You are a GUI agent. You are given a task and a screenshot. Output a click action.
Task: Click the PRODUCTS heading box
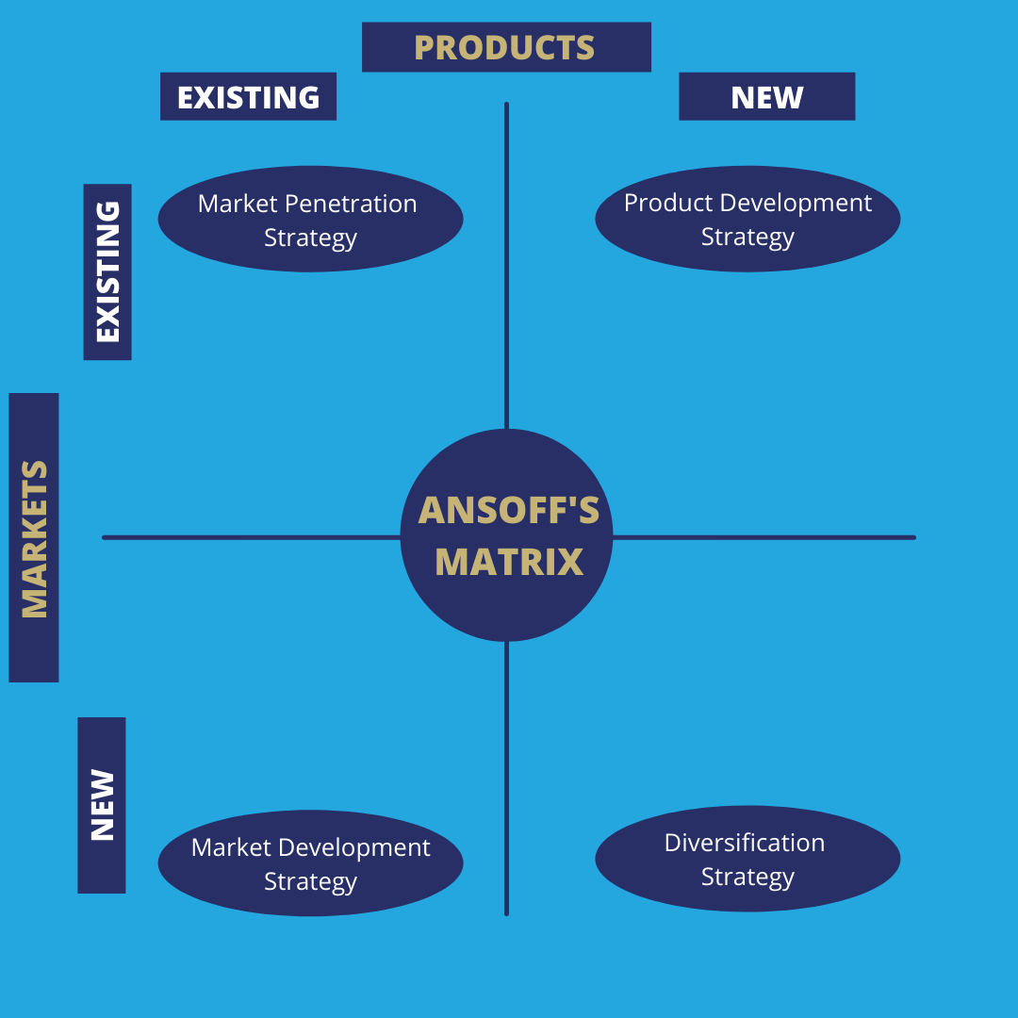pos(506,47)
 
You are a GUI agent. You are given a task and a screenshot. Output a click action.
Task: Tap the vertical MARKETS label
pos(34,537)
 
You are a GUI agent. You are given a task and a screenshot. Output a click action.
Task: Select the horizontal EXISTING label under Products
pos(248,97)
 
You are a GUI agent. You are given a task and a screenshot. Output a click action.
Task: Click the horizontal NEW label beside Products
pos(766,97)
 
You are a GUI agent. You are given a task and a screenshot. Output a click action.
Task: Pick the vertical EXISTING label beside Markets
pos(107,271)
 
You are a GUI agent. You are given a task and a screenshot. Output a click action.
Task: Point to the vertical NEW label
pos(102,805)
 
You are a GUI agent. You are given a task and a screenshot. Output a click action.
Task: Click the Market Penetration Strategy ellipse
pos(310,219)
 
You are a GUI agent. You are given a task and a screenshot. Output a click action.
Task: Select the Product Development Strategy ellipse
pos(747,219)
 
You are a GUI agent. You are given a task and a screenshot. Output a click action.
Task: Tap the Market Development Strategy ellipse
pos(310,863)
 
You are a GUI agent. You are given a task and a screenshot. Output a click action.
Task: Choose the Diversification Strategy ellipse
pos(747,859)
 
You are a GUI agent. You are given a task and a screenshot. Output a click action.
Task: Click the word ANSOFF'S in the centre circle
pos(508,511)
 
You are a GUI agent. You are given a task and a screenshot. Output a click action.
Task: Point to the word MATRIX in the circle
pos(509,563)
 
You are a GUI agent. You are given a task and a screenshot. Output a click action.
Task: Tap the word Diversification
pos(745,843)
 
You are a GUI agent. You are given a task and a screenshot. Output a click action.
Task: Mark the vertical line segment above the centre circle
pos(506,264)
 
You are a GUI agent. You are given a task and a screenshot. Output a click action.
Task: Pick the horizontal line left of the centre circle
pos(250,537)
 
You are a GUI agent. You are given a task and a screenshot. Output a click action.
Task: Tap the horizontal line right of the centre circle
pos(763,537)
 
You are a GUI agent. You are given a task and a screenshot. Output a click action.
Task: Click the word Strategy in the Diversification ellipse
pos(747,877)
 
